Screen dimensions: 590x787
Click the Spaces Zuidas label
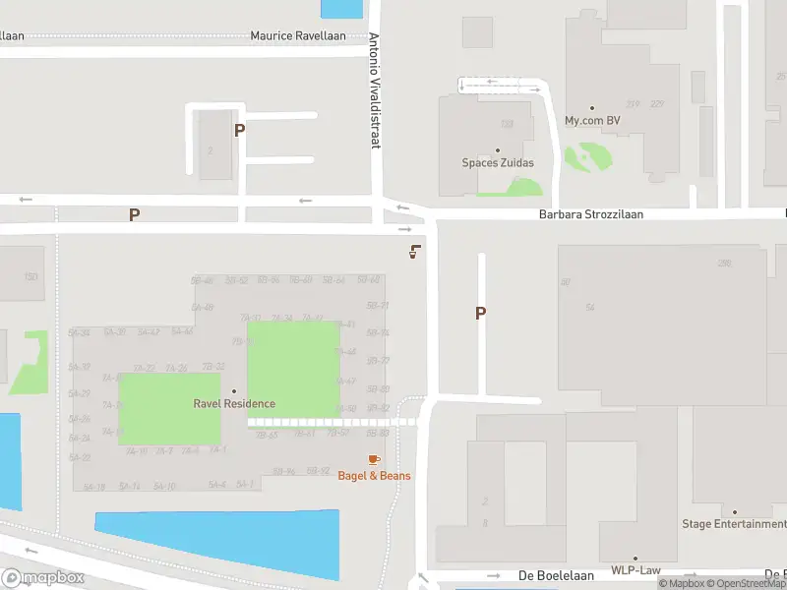coord(498,163)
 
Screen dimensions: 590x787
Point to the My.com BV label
coord(592,121)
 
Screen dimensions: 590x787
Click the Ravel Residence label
coord(234,403)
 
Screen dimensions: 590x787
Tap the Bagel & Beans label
coord(374,476)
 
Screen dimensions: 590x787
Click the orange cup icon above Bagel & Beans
coord(374,459)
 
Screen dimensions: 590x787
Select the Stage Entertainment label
coord(734,524)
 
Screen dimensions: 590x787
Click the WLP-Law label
coord(636,570)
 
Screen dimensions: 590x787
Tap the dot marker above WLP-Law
coord(636,558)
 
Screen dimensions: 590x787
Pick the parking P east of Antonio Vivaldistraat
coord(481,313)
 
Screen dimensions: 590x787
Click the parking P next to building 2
coord(239,129)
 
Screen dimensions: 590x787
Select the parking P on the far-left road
coord(135,213)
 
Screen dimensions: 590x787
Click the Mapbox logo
coord(43,578)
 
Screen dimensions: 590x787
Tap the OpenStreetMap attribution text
coord(749,584)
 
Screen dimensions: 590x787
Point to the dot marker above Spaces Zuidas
coord(498,150)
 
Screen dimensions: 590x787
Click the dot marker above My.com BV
coord(592,108)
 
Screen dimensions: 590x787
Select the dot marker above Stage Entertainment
coord(734,511)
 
